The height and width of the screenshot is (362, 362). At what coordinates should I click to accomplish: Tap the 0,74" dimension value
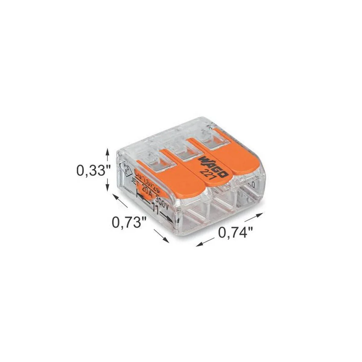click(x=235, y=233)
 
